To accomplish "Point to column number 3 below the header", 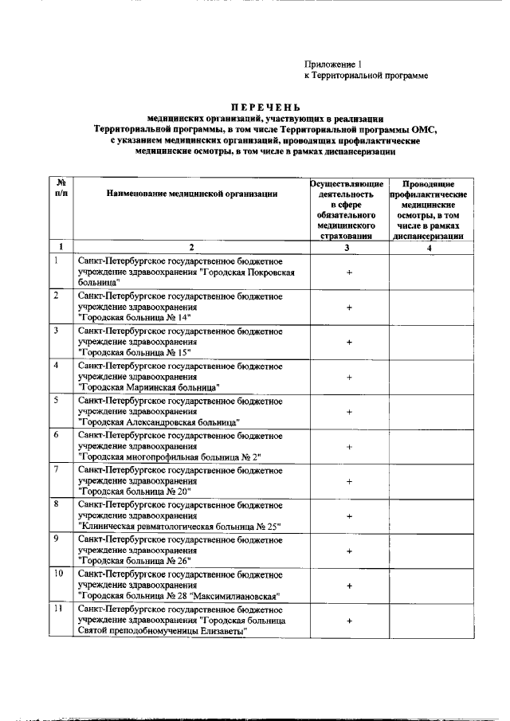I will [x=349, y=248].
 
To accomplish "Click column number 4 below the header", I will [x=430, y=248].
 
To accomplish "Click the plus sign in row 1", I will [x=349, y=272].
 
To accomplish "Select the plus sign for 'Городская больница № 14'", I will [x=349, y=307].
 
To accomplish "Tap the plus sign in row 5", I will [x=349, y=412].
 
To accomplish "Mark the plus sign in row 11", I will [x=349, y=620].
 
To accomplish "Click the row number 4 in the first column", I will [x=56, y=366].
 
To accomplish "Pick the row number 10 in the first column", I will [x=58, y=574].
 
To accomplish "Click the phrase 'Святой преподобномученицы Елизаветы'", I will [x=162, y=631].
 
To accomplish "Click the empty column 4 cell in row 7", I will [x=430, y=481].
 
